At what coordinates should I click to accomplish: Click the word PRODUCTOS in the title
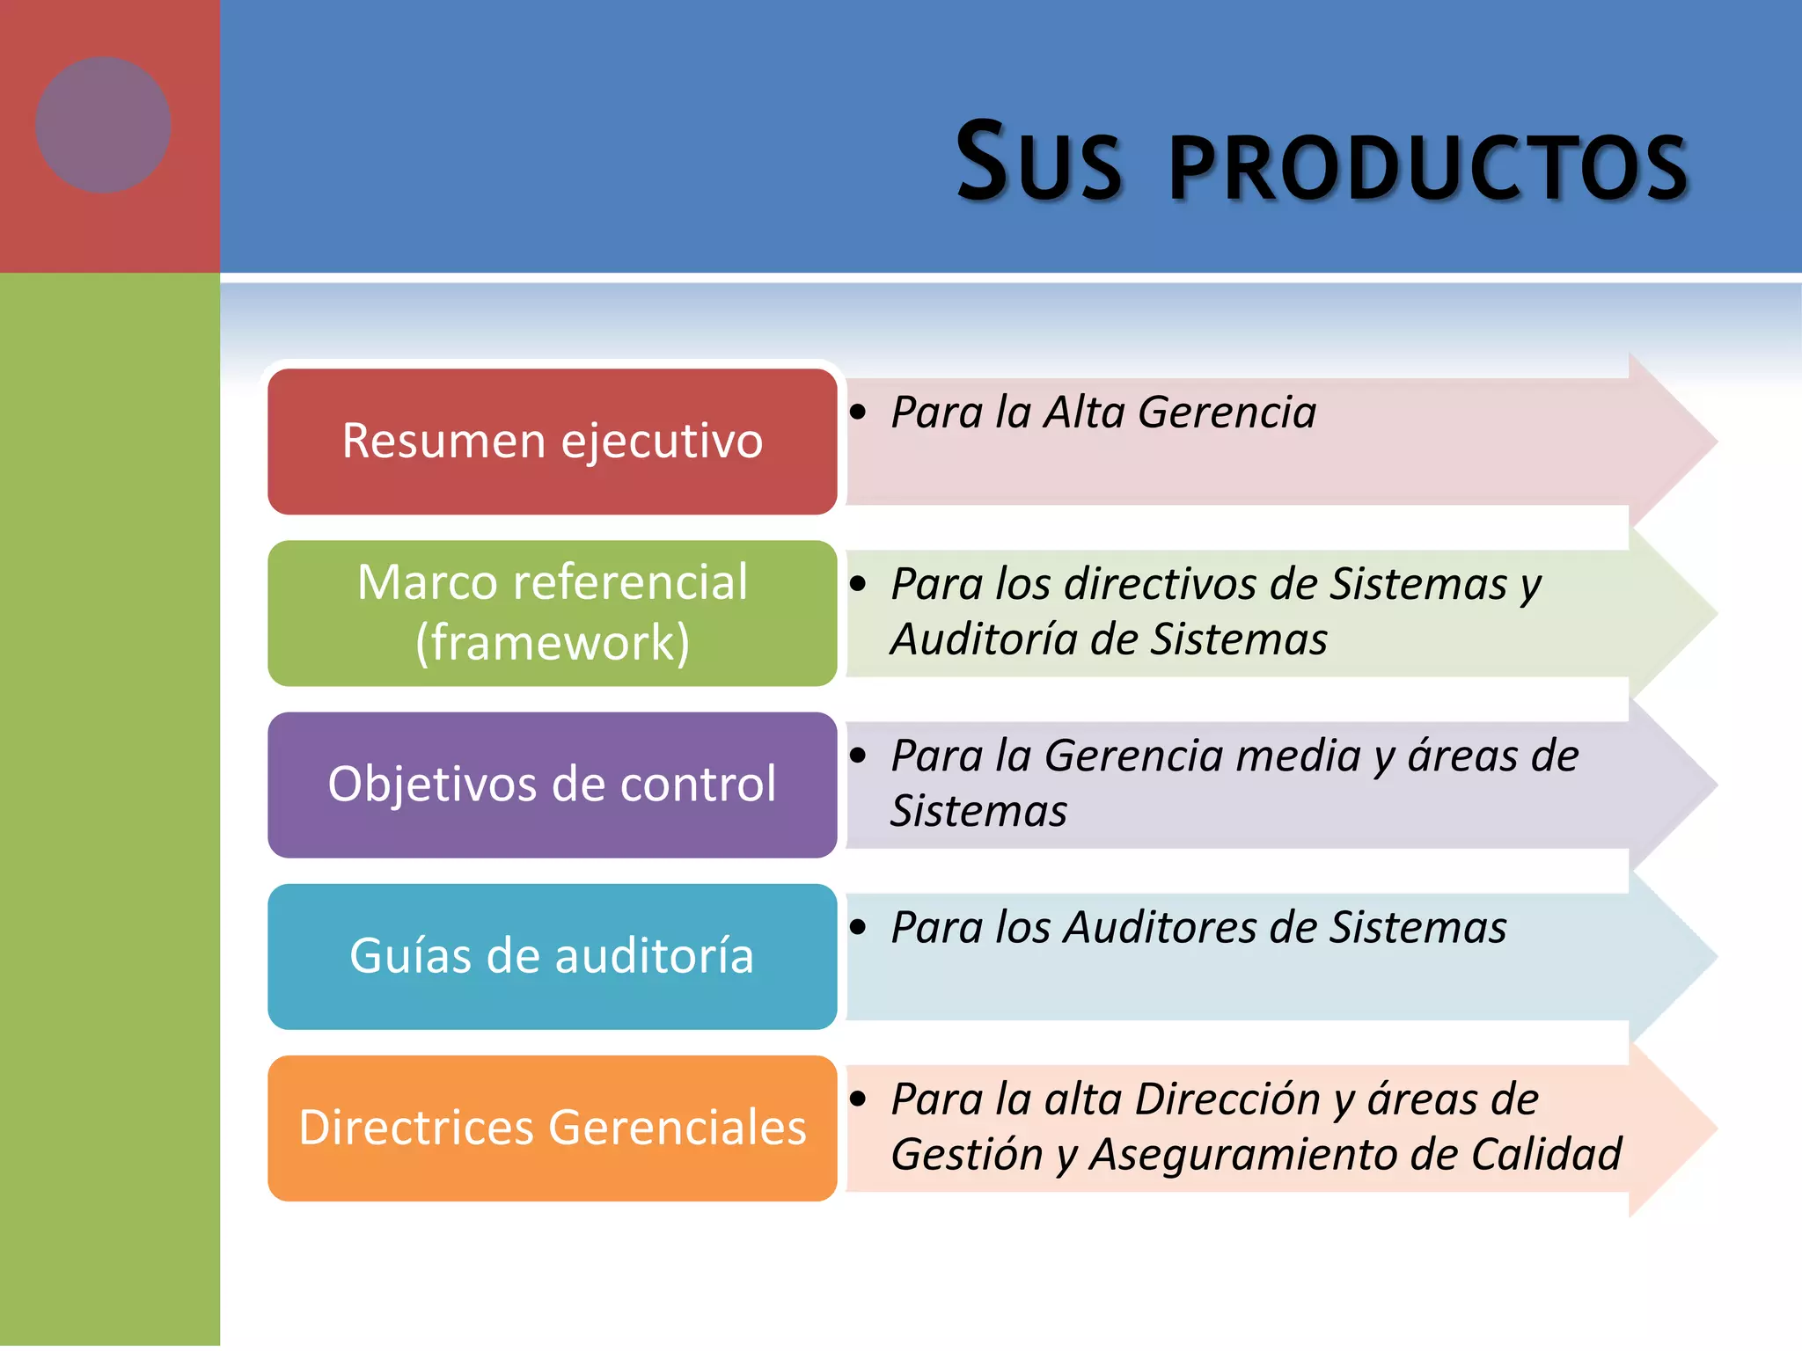[1427, 167]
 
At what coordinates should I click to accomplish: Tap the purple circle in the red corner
[103, 125]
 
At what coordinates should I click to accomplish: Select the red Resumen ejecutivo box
[552, 442]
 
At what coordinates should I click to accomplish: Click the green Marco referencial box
[552, 613]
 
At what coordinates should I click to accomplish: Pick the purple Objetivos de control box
[552, 785]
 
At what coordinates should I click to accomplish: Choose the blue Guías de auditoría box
[552, 956]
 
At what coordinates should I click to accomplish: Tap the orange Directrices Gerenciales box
[552, 1128]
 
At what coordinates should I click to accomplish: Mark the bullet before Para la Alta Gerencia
[859, 412]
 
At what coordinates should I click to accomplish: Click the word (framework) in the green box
[552, 642]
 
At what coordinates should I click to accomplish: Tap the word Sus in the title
[1038, 163]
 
